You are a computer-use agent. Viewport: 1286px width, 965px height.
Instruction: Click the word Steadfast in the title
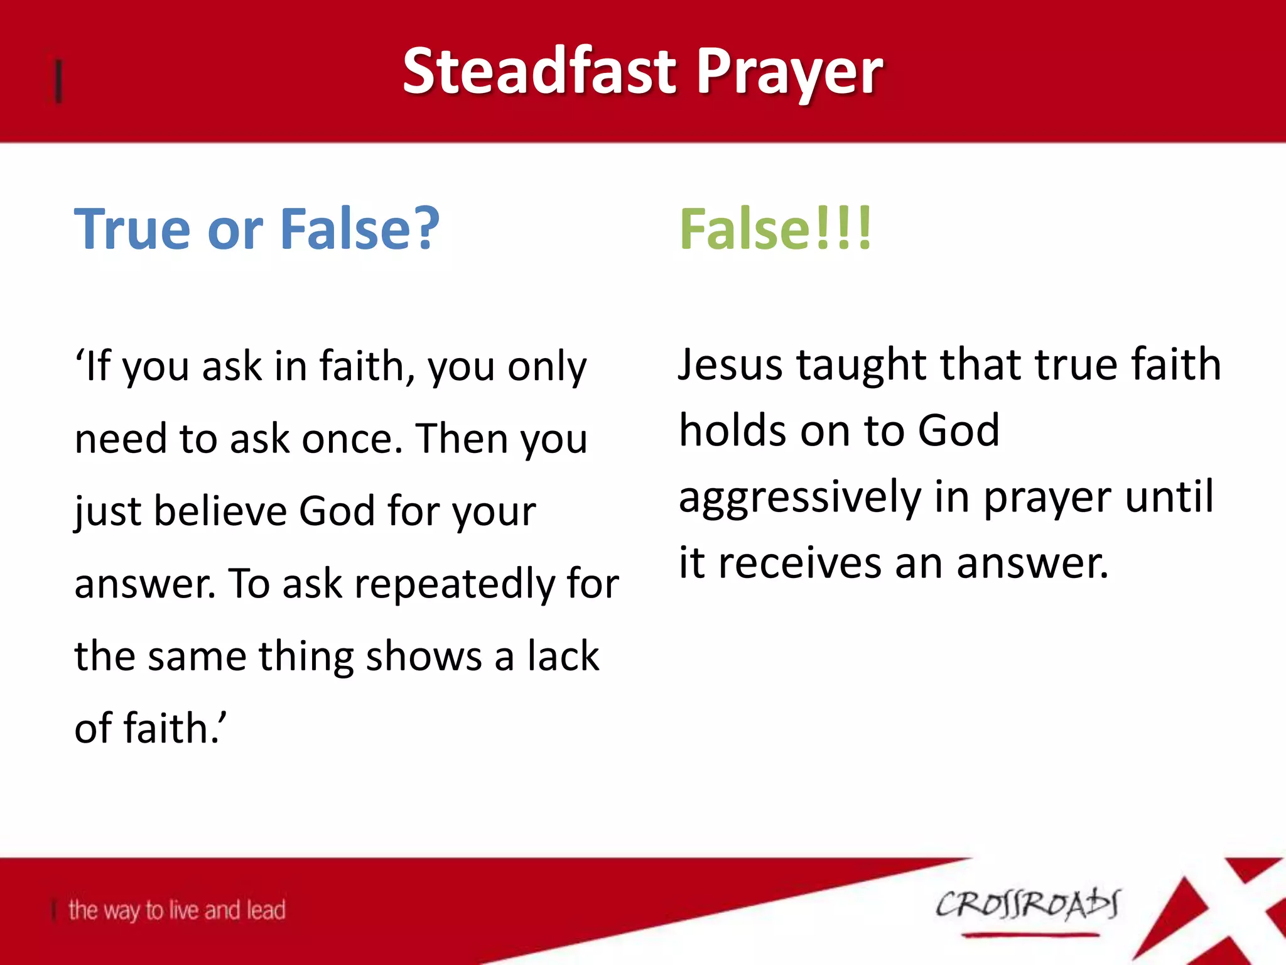(x=539, y=72)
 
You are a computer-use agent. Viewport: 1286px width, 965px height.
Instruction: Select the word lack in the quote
(x=563, y=656)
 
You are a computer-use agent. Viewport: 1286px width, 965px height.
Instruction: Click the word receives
(x=800, y=564)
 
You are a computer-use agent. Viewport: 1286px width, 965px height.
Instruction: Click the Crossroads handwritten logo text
(x=1027, y=905)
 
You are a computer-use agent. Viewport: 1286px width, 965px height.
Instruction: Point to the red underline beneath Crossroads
(x=1030, y=935)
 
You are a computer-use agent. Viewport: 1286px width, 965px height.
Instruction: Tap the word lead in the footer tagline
(x=266, y=910)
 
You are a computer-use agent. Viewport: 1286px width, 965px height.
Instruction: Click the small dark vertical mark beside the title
(x=58, y=80)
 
